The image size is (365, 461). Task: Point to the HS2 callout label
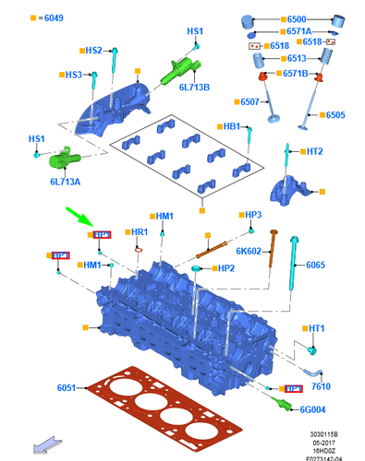point(93,51)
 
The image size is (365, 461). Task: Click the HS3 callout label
point(73,74)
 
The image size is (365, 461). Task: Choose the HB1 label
point(231,125)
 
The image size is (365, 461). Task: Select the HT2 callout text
point(314,151)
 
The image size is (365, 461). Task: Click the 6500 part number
point(300,18)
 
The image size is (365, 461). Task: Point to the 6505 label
point(335,115)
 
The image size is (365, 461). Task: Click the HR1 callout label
point(140,230)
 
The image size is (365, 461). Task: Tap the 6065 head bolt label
point(316,266)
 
